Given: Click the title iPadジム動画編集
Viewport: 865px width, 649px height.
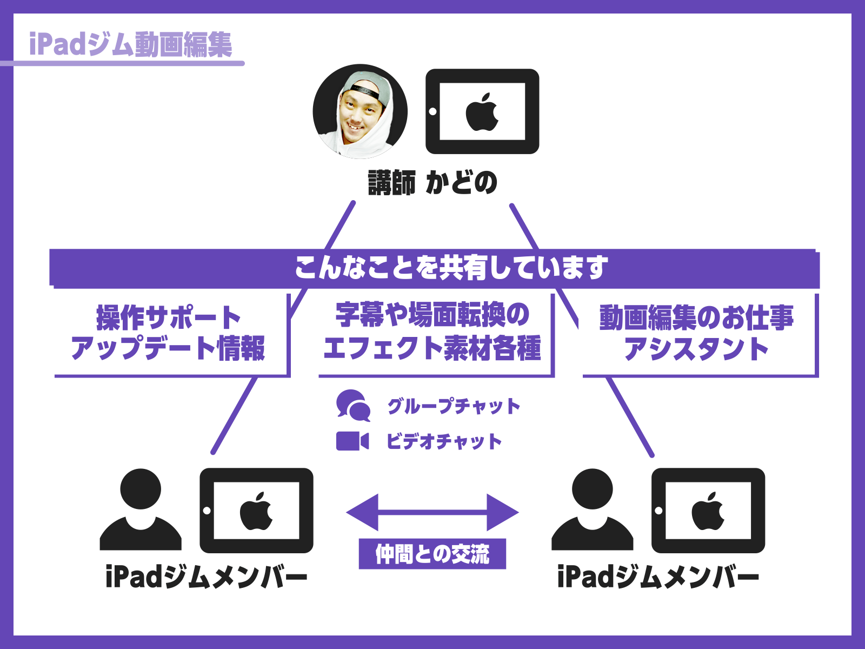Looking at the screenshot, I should tap(130, 44).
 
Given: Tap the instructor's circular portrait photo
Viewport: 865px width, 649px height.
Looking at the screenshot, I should tap(360, 111).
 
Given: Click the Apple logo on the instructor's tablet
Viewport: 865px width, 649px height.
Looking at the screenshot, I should tap(482, 112).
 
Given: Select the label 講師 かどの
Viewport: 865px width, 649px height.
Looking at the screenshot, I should tap(432, 182).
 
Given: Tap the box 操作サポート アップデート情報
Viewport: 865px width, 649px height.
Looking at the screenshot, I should tap(169, 333).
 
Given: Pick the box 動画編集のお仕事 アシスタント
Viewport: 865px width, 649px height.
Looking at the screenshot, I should tap(696, 333).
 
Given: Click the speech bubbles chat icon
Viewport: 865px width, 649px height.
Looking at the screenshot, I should tap(353, 406).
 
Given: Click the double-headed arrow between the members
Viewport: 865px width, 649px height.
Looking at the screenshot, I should tap(432, 512).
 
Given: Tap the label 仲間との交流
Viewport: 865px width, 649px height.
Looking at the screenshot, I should tap(432, 554).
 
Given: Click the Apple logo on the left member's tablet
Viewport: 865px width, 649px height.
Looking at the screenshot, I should tap(257, 511).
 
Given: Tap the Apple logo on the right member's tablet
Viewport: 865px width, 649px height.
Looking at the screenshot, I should tap(708, 511).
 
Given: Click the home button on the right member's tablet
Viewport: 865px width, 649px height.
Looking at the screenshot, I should tap(658, 511).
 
